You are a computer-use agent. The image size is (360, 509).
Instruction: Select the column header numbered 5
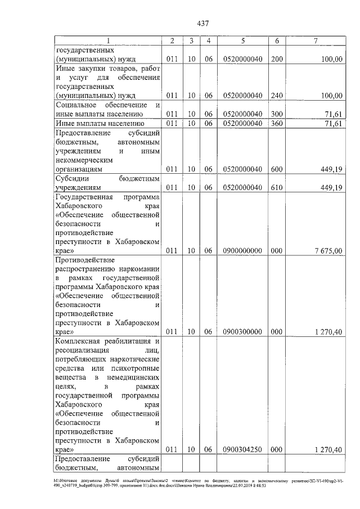click(x=242, y=40)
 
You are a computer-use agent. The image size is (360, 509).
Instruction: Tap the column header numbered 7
click(x=316, y=40)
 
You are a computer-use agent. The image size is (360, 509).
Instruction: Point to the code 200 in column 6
click(x=276, y=58)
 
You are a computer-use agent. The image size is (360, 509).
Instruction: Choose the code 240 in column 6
click(x=276, y=96)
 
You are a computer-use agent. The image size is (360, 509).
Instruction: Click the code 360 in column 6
click(x=276, y=123)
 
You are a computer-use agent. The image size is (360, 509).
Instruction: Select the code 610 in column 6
click(x=276, y=187)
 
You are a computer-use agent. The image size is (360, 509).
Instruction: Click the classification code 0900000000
click(x=242, y=251)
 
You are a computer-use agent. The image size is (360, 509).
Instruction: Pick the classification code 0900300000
click(x=242, y=332)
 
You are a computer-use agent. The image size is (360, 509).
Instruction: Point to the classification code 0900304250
click(x=242, y=449)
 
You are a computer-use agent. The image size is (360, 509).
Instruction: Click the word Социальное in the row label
click(x=76, y=105)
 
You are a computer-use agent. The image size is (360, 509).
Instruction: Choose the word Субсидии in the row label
click(x=71, y=178)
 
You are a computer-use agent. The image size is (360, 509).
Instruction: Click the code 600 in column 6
click(x=276, y=169)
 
